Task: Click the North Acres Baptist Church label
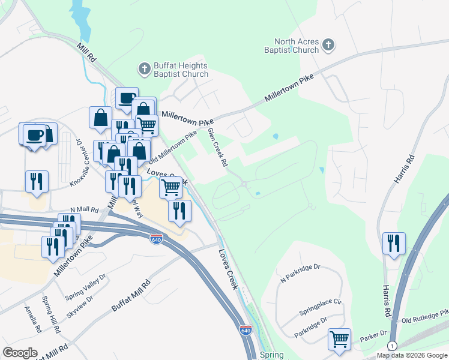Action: pyautogui.click(x=293, y=46)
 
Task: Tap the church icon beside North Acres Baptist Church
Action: pyautogui.click(x=328, y=44)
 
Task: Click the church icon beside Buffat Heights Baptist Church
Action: pyautogui.click(x=144, y=69)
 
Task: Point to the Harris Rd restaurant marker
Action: pyautogui.click(x=394, y=243)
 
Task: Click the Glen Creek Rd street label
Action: pyautogui.click(x=218, y=147)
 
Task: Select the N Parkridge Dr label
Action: pyautogui.click(x=301, y=272)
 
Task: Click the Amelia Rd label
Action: pyautogui.click(x=31, y=319)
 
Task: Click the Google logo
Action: pyautogui.click(x=20, y=353)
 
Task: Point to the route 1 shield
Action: pyautogui.click(x=392, y=346)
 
